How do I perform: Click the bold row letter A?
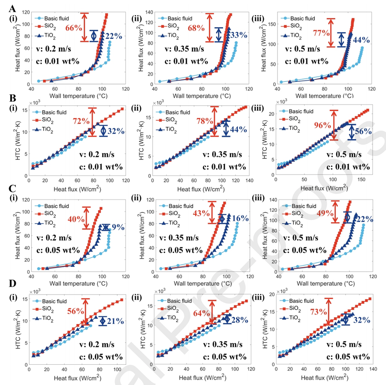[x=13, y=8]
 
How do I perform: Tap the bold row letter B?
[x=13, y=98]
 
